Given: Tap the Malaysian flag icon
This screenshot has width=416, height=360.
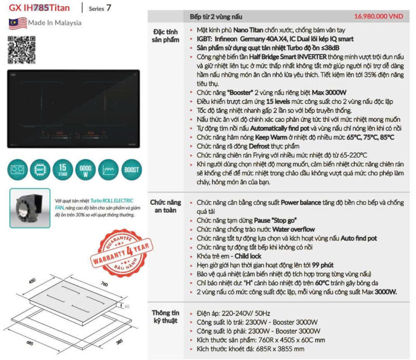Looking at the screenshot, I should (x=17, y=23).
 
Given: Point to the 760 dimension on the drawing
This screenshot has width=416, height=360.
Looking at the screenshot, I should (x=103, y=284).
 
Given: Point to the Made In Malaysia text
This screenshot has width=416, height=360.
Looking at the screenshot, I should (x=55, y=23).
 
